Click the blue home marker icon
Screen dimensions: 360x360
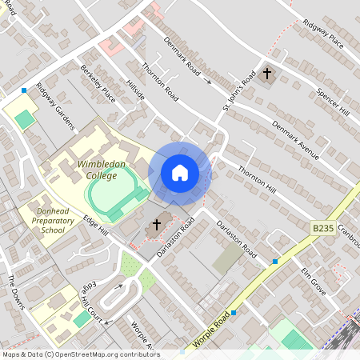tap(180, 173)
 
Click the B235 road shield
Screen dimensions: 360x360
tap(322, 229)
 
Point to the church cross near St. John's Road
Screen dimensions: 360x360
tap(267, 74)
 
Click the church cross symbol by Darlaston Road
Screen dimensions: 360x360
tap(157, 226)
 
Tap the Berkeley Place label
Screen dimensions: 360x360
tap(98, 85)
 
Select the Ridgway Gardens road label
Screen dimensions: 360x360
tap(54, 106)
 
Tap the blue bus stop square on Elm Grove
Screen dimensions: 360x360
tap(275, 262)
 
